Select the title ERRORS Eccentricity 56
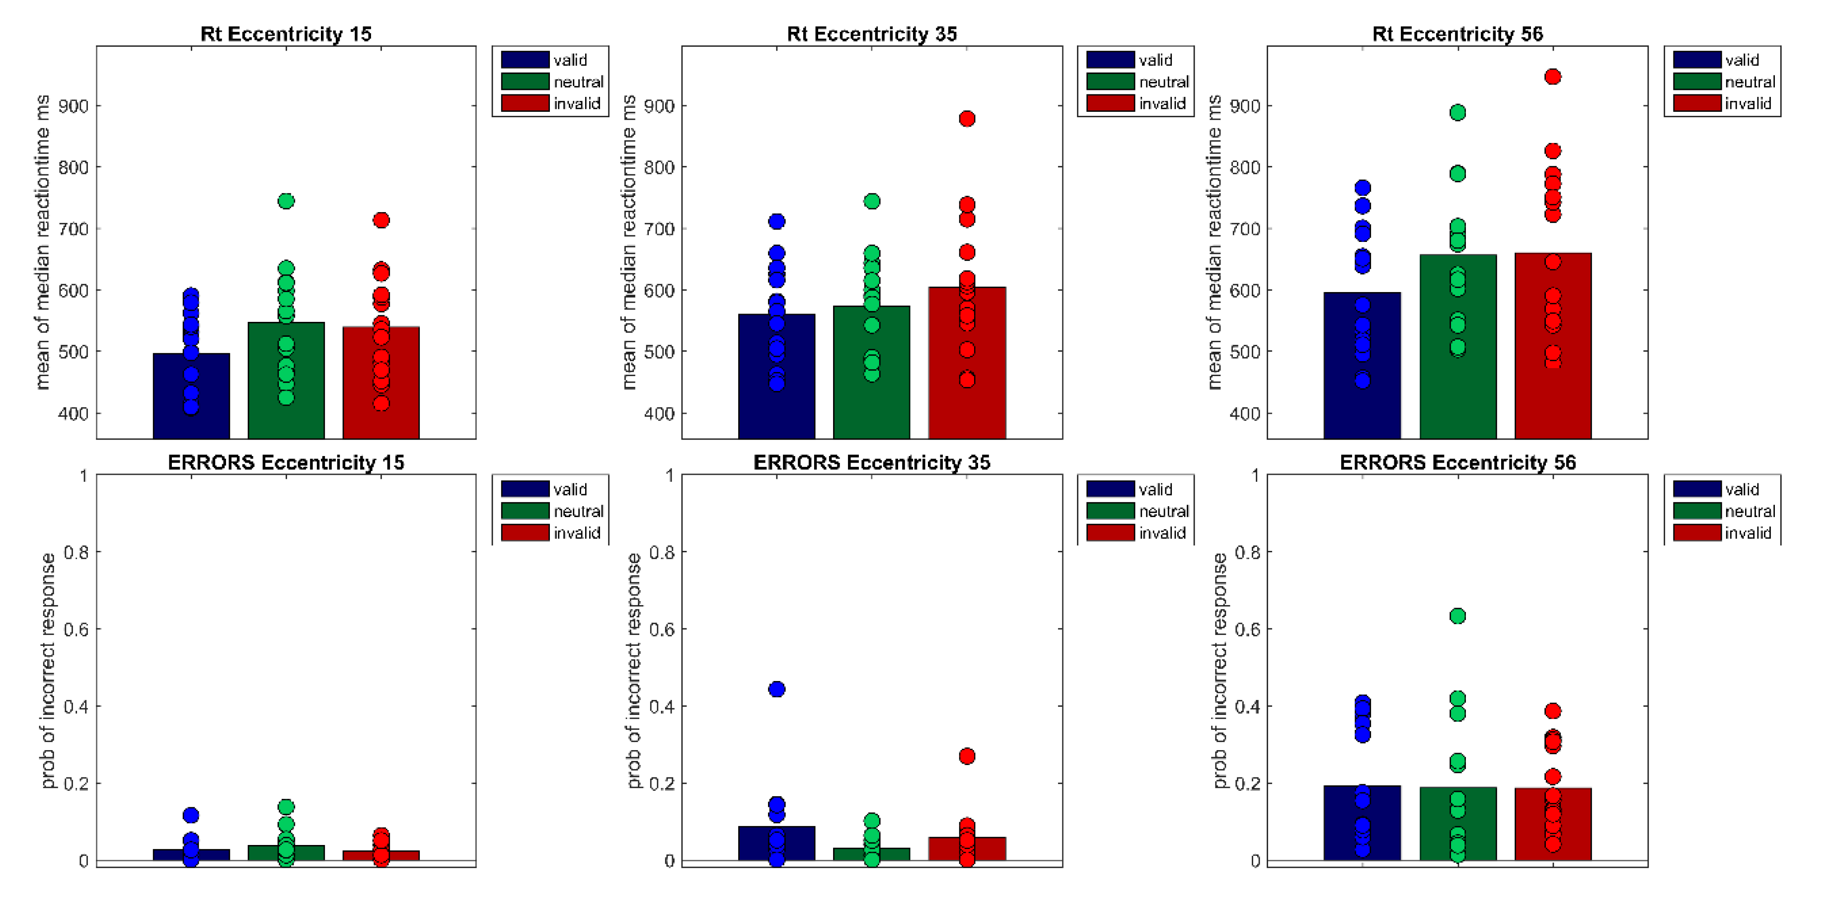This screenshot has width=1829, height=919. click(x=1457, y=462)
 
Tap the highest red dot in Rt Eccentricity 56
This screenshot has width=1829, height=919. click(x=1552, y=77)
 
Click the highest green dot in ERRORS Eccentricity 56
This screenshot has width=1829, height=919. click(x=1457, y=616)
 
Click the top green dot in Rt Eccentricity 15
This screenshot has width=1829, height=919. click(x=286, y=201)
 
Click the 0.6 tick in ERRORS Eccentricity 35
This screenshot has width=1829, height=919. click(x=661, y=629)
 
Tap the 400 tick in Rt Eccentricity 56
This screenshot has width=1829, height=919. click(x=1245, y=413)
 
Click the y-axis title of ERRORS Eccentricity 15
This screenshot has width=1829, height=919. click(x=48, y=671)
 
